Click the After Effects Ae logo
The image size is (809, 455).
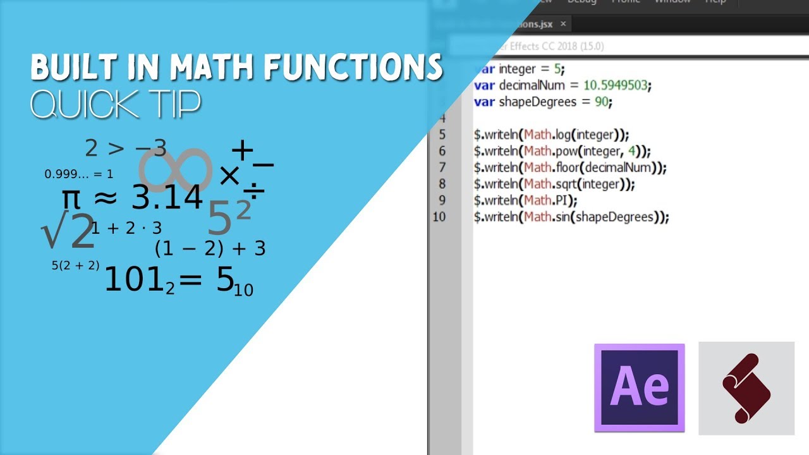tap(639, 387)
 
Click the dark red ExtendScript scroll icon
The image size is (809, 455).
tap(746, 388)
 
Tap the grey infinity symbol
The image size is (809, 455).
tap(175, 170)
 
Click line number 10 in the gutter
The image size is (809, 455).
tap(439, 217)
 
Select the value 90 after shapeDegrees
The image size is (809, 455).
tap(602, 101)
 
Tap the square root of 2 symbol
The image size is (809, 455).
tap(67, 232)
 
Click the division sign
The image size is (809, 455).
tap(253, 192)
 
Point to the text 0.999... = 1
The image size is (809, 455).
tap(79, 174)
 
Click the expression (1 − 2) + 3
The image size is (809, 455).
tap(210, 248)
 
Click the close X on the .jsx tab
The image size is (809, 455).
tap(563, 24)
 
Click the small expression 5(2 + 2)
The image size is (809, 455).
tap(75, 265)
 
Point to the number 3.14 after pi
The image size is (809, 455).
tap(167, 198)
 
